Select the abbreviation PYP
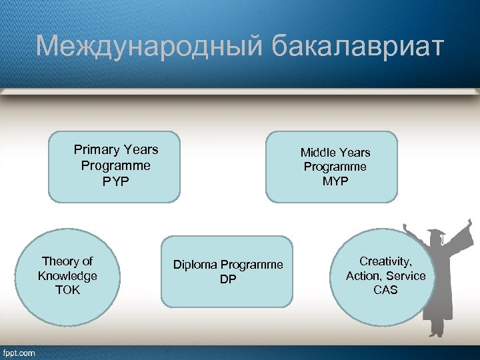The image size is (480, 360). [115, 181]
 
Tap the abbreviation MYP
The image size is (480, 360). [335, 181]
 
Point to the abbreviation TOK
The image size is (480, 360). [67, 291]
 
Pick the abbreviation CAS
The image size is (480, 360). [385, 290]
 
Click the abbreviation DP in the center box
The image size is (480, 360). [228, 279]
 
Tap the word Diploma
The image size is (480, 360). [195, 265]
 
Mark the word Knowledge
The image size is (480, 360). [67, 276]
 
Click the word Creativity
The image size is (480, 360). [385, 261]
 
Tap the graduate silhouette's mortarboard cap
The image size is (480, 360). [437, 235]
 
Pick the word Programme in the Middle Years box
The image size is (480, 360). [335, 167]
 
